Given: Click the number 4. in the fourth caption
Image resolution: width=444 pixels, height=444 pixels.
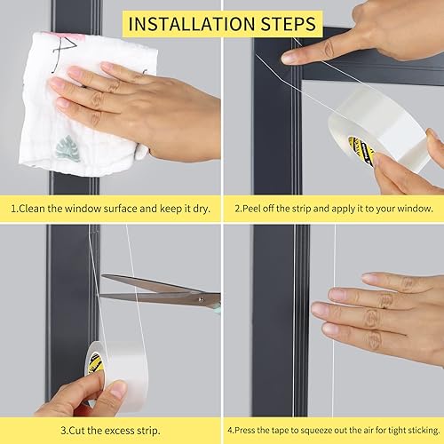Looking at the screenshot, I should coord(229,431).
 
